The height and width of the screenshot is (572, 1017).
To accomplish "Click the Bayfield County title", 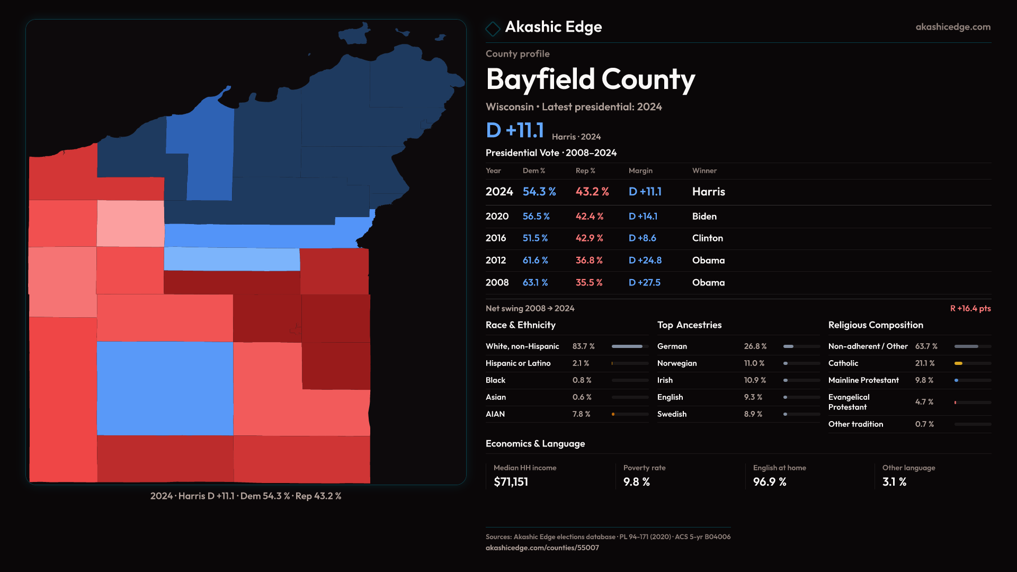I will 590,79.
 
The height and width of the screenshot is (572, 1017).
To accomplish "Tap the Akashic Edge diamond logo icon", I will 493,29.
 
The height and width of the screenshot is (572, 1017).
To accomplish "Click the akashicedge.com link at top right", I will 953,27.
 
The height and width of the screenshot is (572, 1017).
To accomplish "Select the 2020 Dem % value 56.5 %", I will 536,217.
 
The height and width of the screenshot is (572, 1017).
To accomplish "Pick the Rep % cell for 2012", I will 589,261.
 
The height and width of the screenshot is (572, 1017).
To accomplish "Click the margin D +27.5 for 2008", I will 645,283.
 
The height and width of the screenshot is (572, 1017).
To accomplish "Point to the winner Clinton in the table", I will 708,238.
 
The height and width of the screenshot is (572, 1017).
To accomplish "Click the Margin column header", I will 640,171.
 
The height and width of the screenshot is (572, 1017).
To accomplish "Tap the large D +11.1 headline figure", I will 515,130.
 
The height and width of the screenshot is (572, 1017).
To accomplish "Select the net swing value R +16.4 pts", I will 970,309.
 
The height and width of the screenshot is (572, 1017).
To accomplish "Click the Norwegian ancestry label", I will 677,363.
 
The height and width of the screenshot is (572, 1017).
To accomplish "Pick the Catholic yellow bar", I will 958,363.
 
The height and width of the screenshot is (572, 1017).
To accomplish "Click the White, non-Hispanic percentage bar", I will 627,346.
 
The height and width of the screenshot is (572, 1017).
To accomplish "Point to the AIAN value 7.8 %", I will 581,414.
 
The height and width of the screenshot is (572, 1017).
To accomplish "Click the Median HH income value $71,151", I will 511,482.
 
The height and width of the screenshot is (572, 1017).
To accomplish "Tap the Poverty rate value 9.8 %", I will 636,482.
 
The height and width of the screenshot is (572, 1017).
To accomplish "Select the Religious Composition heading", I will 876,325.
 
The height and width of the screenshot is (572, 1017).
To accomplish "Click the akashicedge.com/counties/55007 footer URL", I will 542,548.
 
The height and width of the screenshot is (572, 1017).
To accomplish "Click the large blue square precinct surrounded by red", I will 165,388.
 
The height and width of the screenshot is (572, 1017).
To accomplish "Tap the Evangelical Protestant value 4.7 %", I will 924,402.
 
